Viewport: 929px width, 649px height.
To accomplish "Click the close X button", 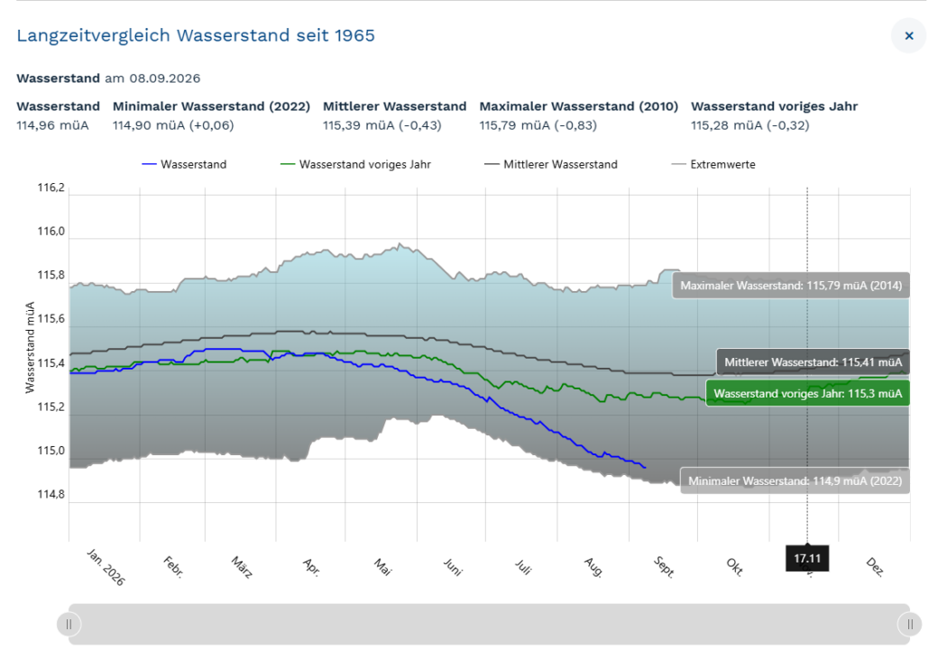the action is (909, 35).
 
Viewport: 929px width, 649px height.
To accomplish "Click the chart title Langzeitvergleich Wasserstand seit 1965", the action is (196, 35).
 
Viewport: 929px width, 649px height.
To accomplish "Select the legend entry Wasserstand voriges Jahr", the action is (355, 164).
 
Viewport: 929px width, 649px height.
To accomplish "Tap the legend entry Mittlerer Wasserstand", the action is (551, 164).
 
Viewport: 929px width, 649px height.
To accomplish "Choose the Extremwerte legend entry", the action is (713, 164).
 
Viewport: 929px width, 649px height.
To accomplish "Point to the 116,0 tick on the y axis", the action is (51, 232).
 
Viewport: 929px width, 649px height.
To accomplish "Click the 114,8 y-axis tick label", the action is (51, 495).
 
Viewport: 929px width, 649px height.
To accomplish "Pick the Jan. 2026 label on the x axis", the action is (106, 567).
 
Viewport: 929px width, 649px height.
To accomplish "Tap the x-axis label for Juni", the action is (453, 567).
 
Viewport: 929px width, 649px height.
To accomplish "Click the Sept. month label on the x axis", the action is (664, 567).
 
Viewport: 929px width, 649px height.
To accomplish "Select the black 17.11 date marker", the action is (807, 558).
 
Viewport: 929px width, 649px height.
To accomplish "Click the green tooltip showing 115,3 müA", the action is (807, 393).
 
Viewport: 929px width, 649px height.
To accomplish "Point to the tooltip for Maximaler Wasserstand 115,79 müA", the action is (790, 286).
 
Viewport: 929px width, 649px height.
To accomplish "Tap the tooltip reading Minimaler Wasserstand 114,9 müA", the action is (795, 480).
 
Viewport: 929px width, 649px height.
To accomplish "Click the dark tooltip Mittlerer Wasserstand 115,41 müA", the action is (813, 361).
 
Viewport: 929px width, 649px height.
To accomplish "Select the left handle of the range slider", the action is (69, 624).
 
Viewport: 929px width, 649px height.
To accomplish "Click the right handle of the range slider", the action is (910, 624).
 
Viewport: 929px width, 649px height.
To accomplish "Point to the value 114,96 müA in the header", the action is (52, 125).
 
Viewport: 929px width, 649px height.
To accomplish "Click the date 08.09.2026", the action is (165, 78).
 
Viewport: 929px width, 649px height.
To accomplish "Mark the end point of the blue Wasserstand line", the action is (645, 468).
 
